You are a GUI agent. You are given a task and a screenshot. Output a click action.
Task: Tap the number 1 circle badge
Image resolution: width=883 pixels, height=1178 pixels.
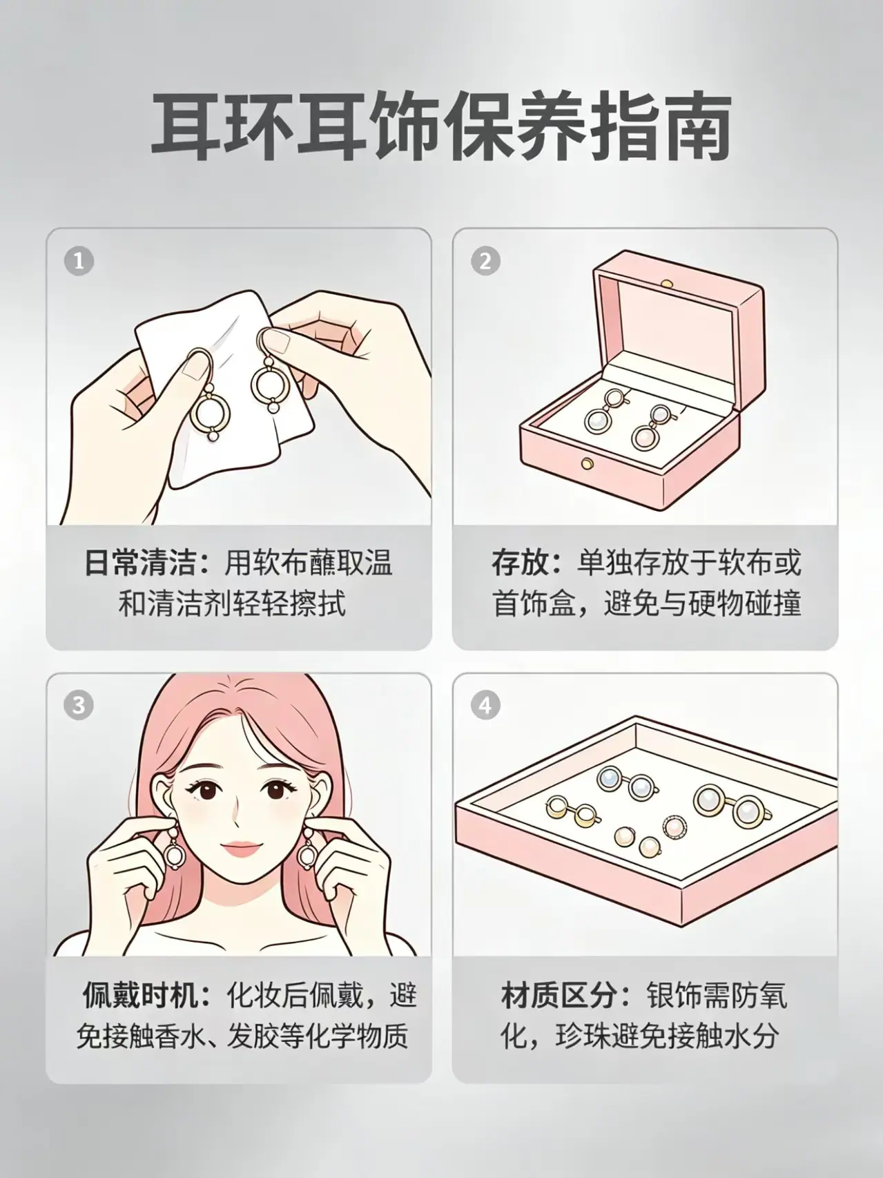[78, 262]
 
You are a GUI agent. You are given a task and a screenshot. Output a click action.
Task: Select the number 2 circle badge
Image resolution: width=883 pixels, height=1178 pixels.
[485, 262]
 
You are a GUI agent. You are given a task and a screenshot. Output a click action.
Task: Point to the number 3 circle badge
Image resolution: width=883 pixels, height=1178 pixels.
[78, 705]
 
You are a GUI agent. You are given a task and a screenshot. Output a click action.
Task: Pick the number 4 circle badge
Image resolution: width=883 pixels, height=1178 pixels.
[485, 705]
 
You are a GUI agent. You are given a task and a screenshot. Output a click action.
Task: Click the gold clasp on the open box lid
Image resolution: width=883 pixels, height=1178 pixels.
[667, 282]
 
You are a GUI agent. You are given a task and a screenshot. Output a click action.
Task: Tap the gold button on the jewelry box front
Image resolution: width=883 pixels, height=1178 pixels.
[588, 463]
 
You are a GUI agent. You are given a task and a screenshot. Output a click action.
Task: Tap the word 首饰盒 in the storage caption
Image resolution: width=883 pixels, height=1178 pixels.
[533, 604]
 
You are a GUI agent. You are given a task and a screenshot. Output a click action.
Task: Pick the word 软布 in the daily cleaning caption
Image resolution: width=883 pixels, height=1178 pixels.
[280, 563]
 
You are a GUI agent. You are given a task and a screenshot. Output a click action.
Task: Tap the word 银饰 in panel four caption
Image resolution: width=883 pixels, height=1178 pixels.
[674, 996]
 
